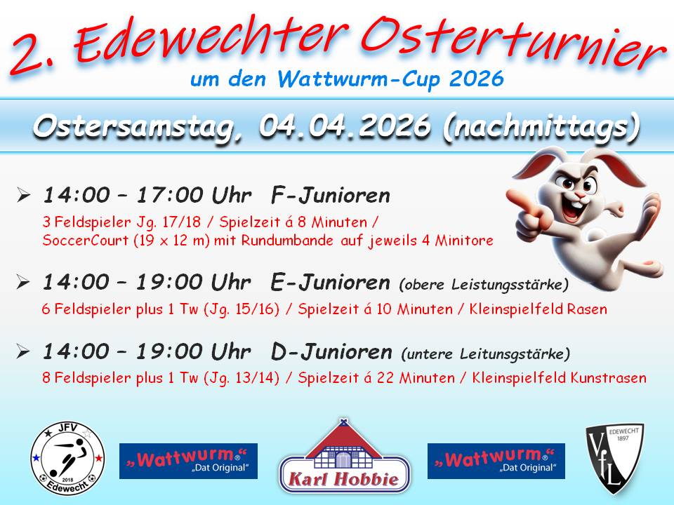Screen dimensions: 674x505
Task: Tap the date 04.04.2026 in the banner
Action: coord(344,126)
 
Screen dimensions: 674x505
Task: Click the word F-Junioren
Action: coord(331,196)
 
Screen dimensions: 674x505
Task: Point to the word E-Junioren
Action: coord(330,283)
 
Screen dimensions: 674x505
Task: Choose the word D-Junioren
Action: coord(331,352)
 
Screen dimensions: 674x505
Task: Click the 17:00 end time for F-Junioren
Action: coord(170,196)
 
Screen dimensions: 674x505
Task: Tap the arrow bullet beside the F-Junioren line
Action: coord(23,196)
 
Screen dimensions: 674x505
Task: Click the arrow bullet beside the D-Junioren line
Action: coord(23,351)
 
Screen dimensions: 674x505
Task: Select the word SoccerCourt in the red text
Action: coord(86,240)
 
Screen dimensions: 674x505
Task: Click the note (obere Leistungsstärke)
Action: coord(484,285)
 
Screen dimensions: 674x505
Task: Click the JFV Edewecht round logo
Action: coord(67,458)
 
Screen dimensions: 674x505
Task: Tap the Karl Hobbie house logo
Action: coord(344,456)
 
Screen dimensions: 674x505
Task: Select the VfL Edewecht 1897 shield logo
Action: coord(615,459)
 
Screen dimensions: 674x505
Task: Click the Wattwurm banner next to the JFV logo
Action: coord(188,461)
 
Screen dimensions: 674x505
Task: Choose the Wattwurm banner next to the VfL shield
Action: coord(496,461)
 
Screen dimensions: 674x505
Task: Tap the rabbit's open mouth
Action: coord(574,209)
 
